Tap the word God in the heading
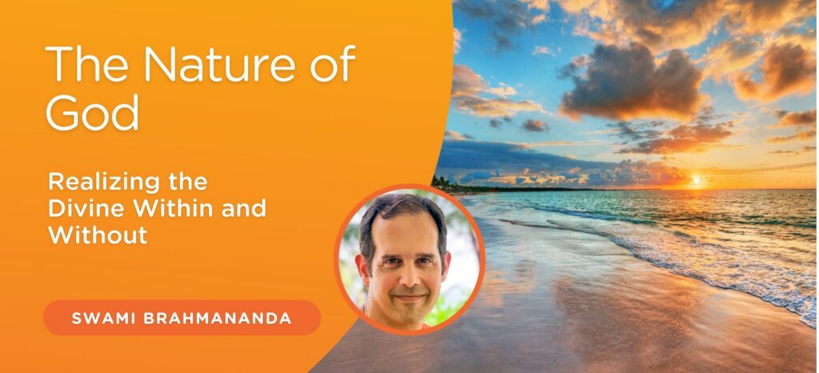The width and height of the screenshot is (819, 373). tap(93, 112)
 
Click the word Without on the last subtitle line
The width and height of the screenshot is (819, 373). tap(97, 235)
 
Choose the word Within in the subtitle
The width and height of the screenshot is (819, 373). tap(173, 208)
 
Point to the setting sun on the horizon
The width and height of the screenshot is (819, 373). tap(697, 180)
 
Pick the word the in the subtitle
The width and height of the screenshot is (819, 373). tap(186, 181)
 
